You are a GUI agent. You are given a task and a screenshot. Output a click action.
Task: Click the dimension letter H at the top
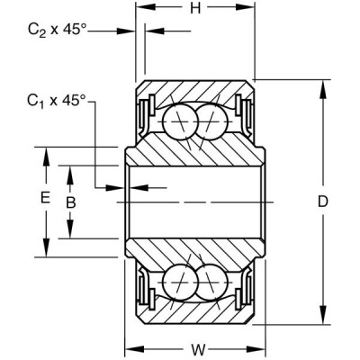[x=195, y=11]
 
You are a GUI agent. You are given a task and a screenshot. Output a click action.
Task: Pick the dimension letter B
[x=70, y=203]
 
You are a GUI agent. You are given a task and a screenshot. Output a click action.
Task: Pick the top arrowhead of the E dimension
[x=46, y=150]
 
